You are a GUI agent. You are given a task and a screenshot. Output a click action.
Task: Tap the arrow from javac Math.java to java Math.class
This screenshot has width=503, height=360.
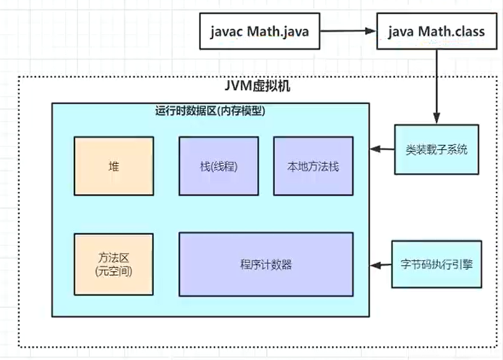coord(348,32)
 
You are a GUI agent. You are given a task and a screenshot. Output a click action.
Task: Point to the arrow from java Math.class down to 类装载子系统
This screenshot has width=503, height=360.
coord(437,87)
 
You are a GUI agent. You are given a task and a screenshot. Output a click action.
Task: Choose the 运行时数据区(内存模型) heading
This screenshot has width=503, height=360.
coord(210,111)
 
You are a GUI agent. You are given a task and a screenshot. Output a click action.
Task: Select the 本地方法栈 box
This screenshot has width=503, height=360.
coord(313,166)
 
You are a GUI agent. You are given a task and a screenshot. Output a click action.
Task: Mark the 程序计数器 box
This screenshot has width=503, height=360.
coord(265,264)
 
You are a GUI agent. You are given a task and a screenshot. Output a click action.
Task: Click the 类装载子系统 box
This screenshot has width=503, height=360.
coord(437,150)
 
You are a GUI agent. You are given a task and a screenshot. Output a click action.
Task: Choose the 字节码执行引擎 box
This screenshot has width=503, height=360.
coord(437,264)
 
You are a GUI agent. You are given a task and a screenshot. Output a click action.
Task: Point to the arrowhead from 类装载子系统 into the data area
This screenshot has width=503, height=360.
coord(374,150)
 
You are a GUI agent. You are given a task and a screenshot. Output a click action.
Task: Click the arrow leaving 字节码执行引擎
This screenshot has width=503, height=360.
coord(382,265)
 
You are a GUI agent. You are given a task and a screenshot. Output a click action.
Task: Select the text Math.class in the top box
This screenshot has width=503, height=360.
coord(451,32)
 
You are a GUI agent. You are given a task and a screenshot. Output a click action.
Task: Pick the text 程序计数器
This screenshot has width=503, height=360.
coord(265,264)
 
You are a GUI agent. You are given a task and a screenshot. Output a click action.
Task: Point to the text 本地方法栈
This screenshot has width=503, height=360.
coord(313,166)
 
